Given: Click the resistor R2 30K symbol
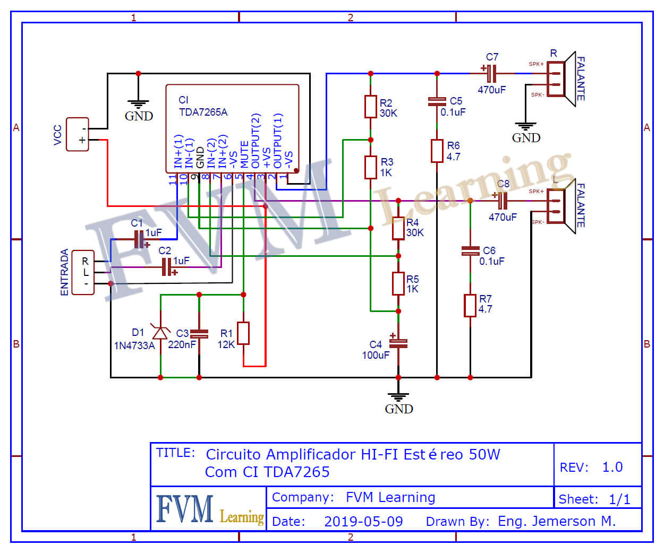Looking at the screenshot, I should pyautogui.click(x=370, y=107).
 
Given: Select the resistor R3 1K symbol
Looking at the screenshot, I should pyautogui.click(x=370, y=167).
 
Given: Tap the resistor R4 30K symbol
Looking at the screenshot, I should pyautogui.click(x=398, y=228).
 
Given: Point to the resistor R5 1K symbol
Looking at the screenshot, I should pyautogui.click(x=398, y=283).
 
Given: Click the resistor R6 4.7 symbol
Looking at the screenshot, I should pyautogui.click(x=437, y=151).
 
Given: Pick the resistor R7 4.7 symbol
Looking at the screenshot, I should pyautogui.click(x=470, y=305).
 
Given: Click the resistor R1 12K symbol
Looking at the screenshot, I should pyautogui.click(x=243, y=333).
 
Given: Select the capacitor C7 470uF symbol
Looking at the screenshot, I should pyautogui.click(x=492, y=73).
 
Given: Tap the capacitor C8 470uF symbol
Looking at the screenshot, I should pyautogui.click(x=503, y=201).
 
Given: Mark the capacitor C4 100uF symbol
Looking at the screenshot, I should pyautogui.click(x=398, y=343).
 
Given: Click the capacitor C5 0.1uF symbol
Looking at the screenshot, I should pyautogui.click(x=437, y=101).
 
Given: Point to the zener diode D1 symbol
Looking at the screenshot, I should pyautogui.click(x=160, y=333).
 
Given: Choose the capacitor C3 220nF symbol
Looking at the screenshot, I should pyautogui.click(x=199, y=334).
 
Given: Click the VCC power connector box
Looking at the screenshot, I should pyautogui.click(x=78, y=134).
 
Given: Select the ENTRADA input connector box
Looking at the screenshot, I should pyautogui.click(x=83, y=272).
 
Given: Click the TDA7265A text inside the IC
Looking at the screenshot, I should pyautogui.click(x=203, y=112).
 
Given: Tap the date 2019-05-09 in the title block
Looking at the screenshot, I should pyautogui.click(x=363, y=521).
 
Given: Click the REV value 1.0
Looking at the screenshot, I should pyautogui.click(x=612, y=467).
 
